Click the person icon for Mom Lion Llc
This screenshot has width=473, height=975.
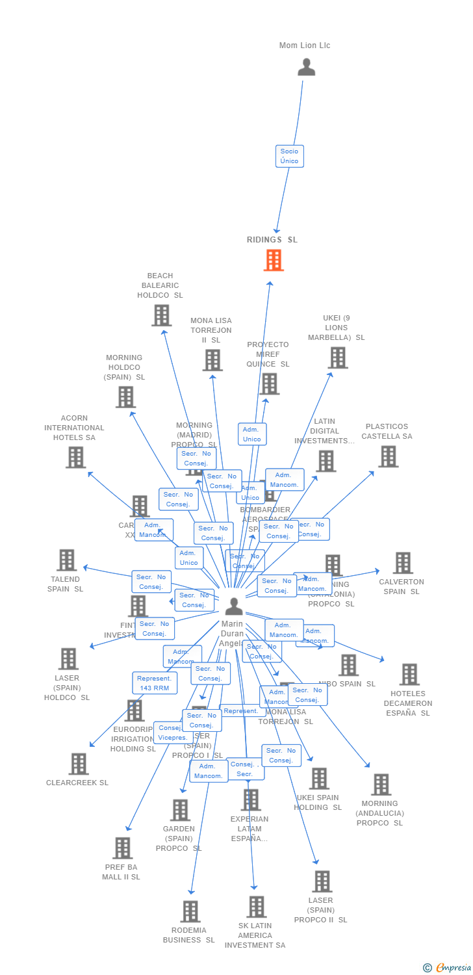[x=306, y=67]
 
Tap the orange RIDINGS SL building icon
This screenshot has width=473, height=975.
[x=274, y=260]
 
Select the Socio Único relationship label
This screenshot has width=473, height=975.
[x=289, y=156]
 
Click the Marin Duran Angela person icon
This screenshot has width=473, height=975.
[x=233, y=606]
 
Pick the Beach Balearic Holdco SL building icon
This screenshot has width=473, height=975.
[x=161, y=315]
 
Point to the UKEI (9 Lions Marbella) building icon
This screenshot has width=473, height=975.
[x=337, y=357]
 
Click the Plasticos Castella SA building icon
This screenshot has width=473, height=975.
[x=388, y=456]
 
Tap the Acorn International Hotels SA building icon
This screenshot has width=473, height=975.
[x=75, y=457]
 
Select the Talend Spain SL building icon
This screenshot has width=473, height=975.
[x=66, y=560]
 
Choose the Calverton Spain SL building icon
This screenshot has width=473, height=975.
[x=402, y=563]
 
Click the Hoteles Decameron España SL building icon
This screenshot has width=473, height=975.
[x=409, y=675]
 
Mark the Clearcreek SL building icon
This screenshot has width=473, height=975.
[x=78, y=764]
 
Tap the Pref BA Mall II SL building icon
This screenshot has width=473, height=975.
[x=122, y=848]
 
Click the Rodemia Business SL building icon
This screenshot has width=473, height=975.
[x=190, y=911]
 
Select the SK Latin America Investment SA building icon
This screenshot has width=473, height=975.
[x=256, y=907]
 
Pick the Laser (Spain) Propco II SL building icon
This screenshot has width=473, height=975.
[x=321, y=881]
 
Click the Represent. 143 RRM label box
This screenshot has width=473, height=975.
[x=155, y=683]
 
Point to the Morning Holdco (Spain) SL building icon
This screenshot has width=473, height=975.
[x=125, y=396]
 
